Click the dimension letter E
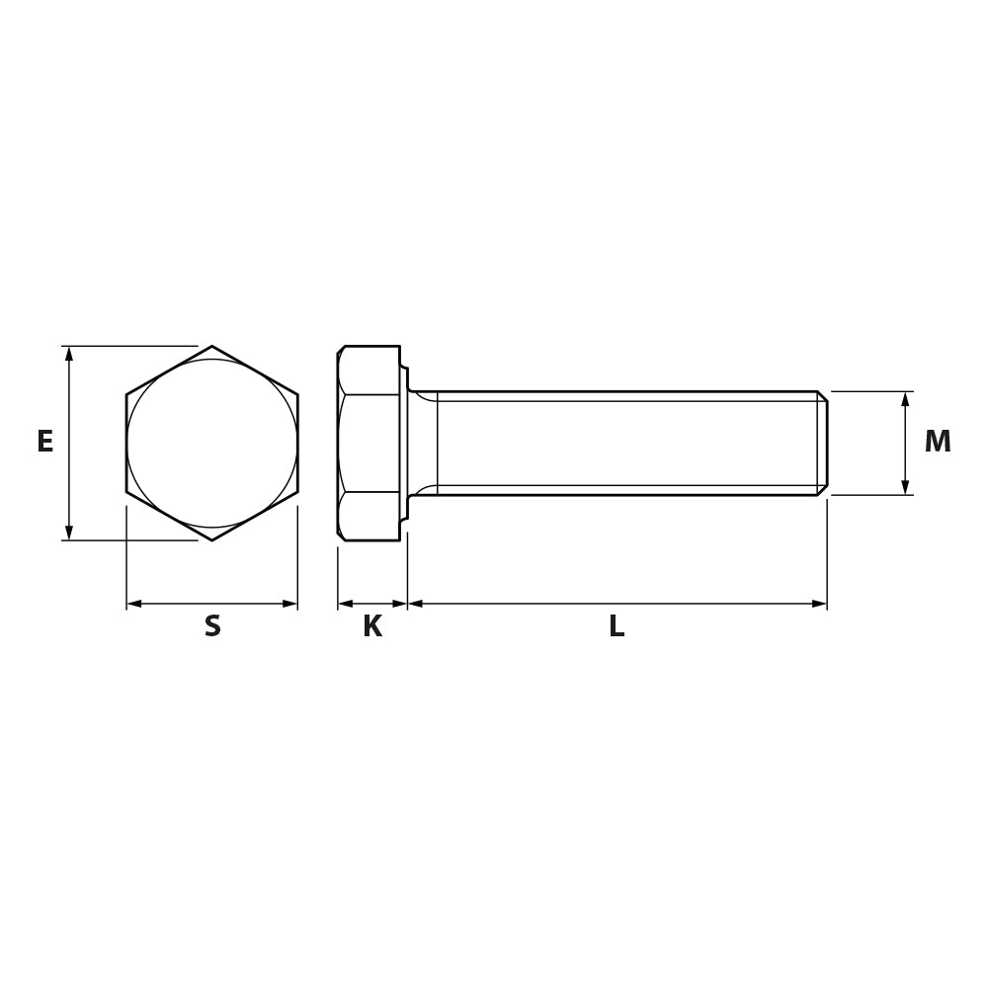point(44,442)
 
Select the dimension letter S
point(212,626)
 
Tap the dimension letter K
point(371,626)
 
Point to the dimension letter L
point(617,626)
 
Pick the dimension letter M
point(937,442)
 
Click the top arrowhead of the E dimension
point(69,353)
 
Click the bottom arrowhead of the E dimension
point(69,534)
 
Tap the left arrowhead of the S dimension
point(134,604)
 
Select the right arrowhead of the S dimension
point(290,604)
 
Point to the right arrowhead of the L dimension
point(819,604)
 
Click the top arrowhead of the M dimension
point(905,398)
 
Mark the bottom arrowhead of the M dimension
point(905,487)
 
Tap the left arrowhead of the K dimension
point(345,604)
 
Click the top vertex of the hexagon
point(212,347)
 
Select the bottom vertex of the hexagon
point(212,539)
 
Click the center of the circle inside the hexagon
point(212,444)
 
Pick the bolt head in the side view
point(369,444)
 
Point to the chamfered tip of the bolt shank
point(822,444)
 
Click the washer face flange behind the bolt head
point(403,444)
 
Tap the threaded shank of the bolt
point(622,444)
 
